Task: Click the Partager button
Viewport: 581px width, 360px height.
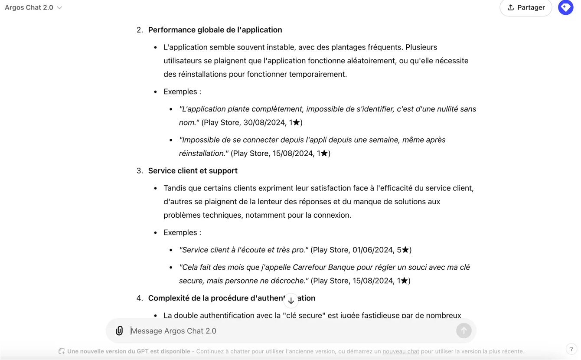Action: (526, 7)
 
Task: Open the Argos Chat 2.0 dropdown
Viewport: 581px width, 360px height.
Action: (33, 7)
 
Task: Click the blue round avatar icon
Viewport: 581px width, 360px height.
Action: (565, 7)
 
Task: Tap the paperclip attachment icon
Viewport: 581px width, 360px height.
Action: (119, 331)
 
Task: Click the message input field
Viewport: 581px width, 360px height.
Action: (290, 331)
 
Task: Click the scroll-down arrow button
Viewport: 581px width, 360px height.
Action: (291, 300)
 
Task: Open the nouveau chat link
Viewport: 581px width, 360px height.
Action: (401, 351)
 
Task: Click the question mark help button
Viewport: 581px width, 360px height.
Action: (571, 349)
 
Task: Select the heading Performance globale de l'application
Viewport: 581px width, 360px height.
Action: (215, 30)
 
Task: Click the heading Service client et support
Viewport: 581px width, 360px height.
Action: (193, 171)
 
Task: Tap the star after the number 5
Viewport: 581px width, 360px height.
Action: (405, 250)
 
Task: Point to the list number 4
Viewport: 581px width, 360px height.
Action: (139, 298)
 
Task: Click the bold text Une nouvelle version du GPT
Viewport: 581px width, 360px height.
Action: (128, 351)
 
